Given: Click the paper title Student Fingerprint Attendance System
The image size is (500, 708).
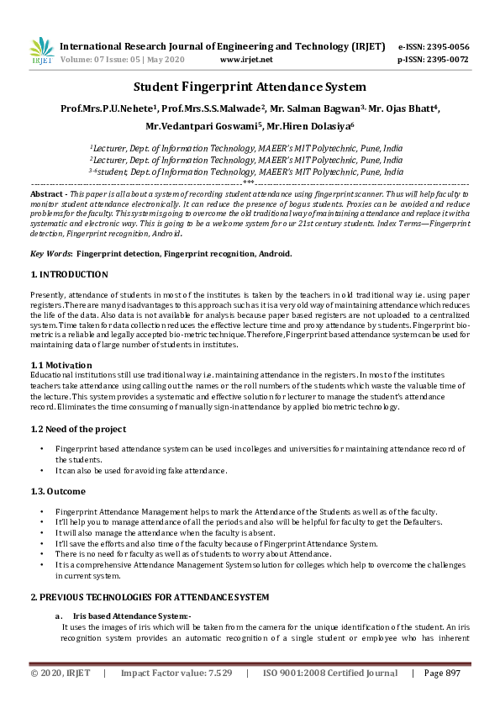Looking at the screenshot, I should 250,87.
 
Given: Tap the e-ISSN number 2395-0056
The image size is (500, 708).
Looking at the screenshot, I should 445,46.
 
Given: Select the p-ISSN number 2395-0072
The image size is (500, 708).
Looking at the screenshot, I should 445,61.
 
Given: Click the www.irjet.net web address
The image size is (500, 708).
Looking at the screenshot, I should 246,61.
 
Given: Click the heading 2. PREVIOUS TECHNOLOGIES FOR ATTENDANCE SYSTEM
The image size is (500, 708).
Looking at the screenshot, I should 150,597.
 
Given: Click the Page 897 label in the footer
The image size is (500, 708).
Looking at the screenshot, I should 442,674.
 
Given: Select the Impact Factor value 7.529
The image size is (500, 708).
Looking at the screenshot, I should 176,674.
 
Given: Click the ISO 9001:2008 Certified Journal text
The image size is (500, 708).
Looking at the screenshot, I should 330,674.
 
